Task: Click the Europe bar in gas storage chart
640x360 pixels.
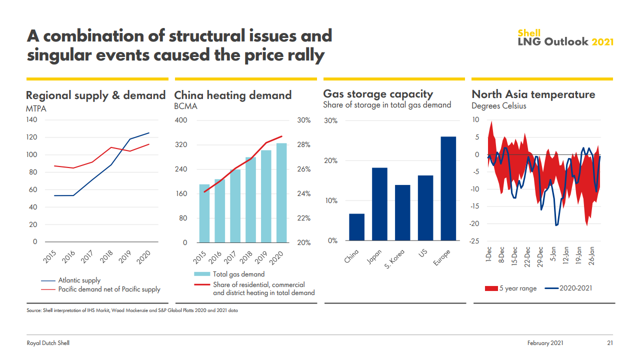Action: point(448,188)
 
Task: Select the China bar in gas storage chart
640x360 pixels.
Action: point(356,227)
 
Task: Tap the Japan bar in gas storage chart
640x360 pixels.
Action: point(379,204)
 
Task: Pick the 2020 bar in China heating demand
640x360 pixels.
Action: point(281,193)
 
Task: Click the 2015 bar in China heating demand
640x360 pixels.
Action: point(204,213)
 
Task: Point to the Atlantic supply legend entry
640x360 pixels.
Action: point(79,280)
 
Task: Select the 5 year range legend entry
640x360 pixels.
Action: point(518,288)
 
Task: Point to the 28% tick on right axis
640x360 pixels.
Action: point(304,145)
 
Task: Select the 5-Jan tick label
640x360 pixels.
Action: point(553,255)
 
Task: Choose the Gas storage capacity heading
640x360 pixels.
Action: point(378,94)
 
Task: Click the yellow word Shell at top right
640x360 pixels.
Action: point(528,33)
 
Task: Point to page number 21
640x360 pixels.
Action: point(610,343)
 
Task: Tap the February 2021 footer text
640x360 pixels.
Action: point(545,343)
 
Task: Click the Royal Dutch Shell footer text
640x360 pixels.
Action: point(48,343)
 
